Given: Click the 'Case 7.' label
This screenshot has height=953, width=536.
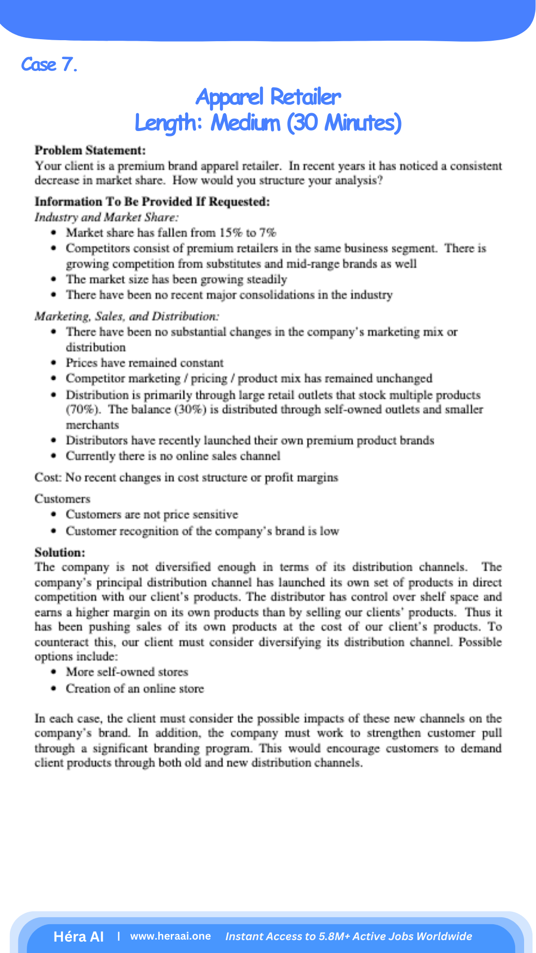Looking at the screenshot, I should pyautogui.click(x=49, y=65).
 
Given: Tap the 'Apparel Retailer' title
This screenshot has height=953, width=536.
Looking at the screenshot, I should pyautogui.click(x=268, y=97).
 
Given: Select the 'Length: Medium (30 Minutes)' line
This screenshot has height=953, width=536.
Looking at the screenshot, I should pyautogui.click(x=268, y=123).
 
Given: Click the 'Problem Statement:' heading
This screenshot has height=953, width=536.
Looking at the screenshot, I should pyautogui.click(x=90, y=150).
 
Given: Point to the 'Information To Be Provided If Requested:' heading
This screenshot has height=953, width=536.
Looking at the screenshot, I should pyautogui.click(x=152, y=202).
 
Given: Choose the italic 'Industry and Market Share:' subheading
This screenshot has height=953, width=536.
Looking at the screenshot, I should pyautogui.click(x=106, y=217).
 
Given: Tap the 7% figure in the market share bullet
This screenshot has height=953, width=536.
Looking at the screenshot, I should pyautogui.click(x=268, y=233).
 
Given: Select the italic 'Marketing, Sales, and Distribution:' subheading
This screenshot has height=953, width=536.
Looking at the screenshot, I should pyautogui.click(x=127, y=316).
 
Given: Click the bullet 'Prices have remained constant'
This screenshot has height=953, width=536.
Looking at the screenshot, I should pyautogui.click(x=144, y=363).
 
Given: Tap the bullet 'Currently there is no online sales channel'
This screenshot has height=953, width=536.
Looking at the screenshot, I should pyautogui.click(x=173, y=456).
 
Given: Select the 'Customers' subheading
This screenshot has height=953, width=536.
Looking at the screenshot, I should pyautogui.click(x=62, y=499).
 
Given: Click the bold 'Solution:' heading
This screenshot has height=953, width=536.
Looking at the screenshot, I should pyautogui.click(x=60, y=552).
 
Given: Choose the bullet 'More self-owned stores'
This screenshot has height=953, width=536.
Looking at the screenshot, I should pyautogui.click(x=127, y=672).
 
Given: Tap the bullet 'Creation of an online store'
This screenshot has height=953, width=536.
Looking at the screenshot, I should pyautogui.click(x=134, y=689).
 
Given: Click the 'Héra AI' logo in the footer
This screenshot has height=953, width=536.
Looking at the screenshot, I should pyautogui.click(x=78, y=937).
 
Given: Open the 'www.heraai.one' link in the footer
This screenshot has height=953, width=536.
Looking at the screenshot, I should pyautogui.click(x=170, y=936).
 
